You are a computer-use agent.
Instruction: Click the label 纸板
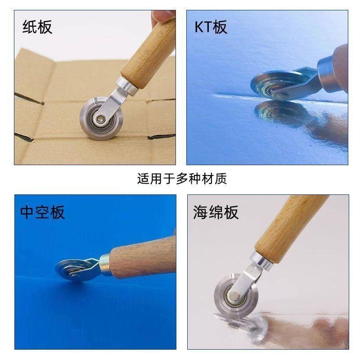(37, 27)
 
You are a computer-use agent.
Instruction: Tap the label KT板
(211, 27)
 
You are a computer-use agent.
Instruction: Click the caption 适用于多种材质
(182, 179)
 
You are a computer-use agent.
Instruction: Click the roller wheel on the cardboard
(101, 118)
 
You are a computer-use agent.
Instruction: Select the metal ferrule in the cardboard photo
(127, 86)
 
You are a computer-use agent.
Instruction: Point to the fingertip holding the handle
(162, 16)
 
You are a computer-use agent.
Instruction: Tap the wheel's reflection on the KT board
(282, 113)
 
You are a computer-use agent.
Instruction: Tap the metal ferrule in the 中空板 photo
(105, 265)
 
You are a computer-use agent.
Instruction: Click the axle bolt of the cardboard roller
(101, 118)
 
